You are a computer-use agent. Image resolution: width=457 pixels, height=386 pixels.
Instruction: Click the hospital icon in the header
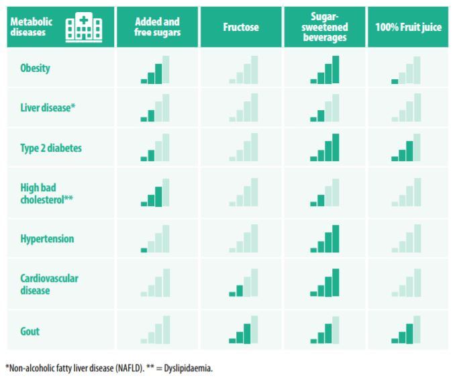83,28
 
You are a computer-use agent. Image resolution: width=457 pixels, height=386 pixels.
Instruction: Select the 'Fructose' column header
241,28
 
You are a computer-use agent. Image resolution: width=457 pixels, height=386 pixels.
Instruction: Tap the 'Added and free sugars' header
157,28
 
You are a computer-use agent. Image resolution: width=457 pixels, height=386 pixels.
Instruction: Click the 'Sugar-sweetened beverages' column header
325,28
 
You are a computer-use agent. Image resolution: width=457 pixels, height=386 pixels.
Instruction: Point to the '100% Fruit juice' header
408,28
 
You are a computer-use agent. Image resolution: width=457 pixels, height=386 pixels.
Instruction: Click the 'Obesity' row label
35,68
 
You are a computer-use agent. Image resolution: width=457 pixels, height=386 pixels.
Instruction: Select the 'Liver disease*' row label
46,107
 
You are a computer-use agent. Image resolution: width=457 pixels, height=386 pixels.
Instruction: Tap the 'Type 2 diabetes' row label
51,148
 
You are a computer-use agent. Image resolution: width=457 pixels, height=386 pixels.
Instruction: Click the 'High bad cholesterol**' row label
46,193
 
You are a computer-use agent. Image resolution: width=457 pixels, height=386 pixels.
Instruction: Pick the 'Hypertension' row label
47,239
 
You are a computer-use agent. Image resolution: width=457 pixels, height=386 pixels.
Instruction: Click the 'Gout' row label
30,331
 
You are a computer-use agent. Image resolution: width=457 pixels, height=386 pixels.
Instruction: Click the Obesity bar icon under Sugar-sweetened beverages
325,70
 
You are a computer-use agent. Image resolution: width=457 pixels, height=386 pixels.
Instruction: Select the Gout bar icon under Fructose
243,330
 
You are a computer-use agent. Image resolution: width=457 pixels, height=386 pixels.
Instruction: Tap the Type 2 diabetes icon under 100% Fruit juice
406,148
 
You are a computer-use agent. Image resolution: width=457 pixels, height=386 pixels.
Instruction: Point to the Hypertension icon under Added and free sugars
155,239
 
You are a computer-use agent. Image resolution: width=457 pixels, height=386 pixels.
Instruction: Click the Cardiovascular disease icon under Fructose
243,283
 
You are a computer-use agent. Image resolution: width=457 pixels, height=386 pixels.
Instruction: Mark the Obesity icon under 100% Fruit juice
406,70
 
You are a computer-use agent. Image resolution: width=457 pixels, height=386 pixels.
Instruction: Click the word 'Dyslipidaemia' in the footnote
189,368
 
